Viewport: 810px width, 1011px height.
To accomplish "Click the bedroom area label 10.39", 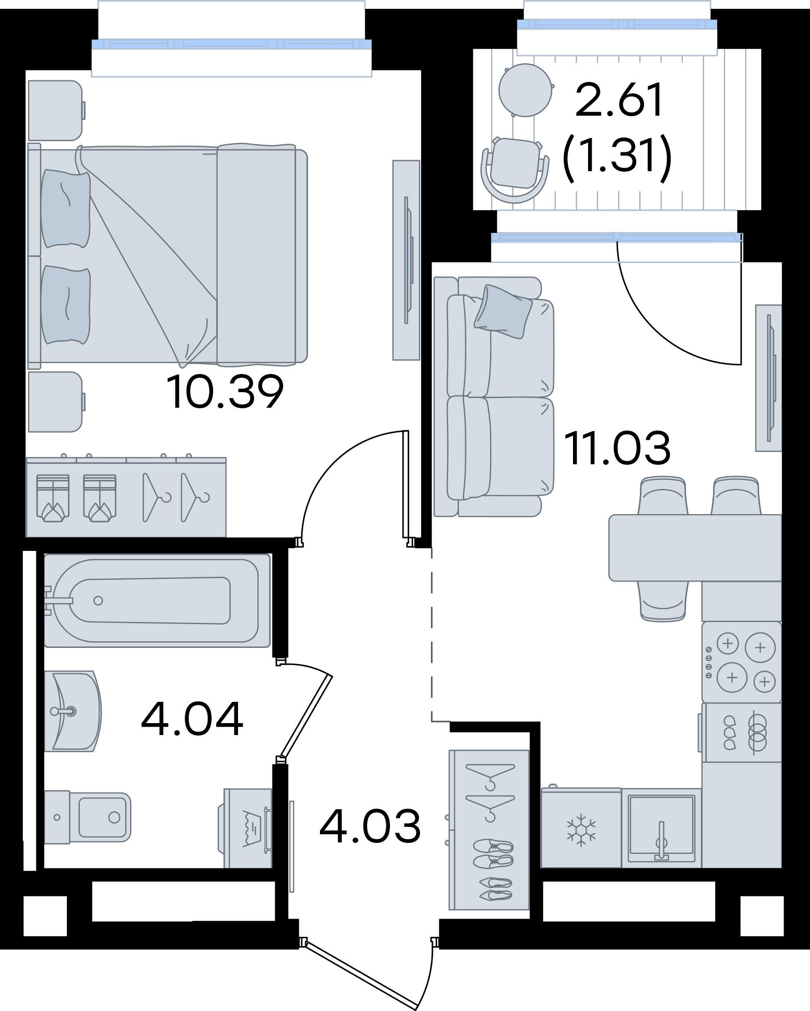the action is [225, 392].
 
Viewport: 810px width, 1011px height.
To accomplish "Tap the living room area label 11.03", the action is [617, 448].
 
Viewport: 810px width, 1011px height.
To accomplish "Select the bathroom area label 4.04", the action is [192, 718].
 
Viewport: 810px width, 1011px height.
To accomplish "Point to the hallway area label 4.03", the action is [370, 826].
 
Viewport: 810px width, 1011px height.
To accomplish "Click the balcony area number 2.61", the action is [619, 100].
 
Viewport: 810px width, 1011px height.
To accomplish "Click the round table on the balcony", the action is [525, 90].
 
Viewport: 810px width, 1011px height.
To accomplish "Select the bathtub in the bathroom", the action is [157, 601].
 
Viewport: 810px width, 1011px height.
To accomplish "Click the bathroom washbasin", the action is [73, 711].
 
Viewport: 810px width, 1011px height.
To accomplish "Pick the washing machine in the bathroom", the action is [247, 828].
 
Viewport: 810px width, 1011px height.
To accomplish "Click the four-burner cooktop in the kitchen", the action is [742, 662].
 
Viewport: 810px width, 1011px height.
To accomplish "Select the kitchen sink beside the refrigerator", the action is [661, 828].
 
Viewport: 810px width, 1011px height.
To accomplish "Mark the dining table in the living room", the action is [695, 548].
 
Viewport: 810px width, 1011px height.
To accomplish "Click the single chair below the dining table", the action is [663, 601].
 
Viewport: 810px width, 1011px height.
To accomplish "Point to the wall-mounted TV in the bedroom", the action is [406, 260].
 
